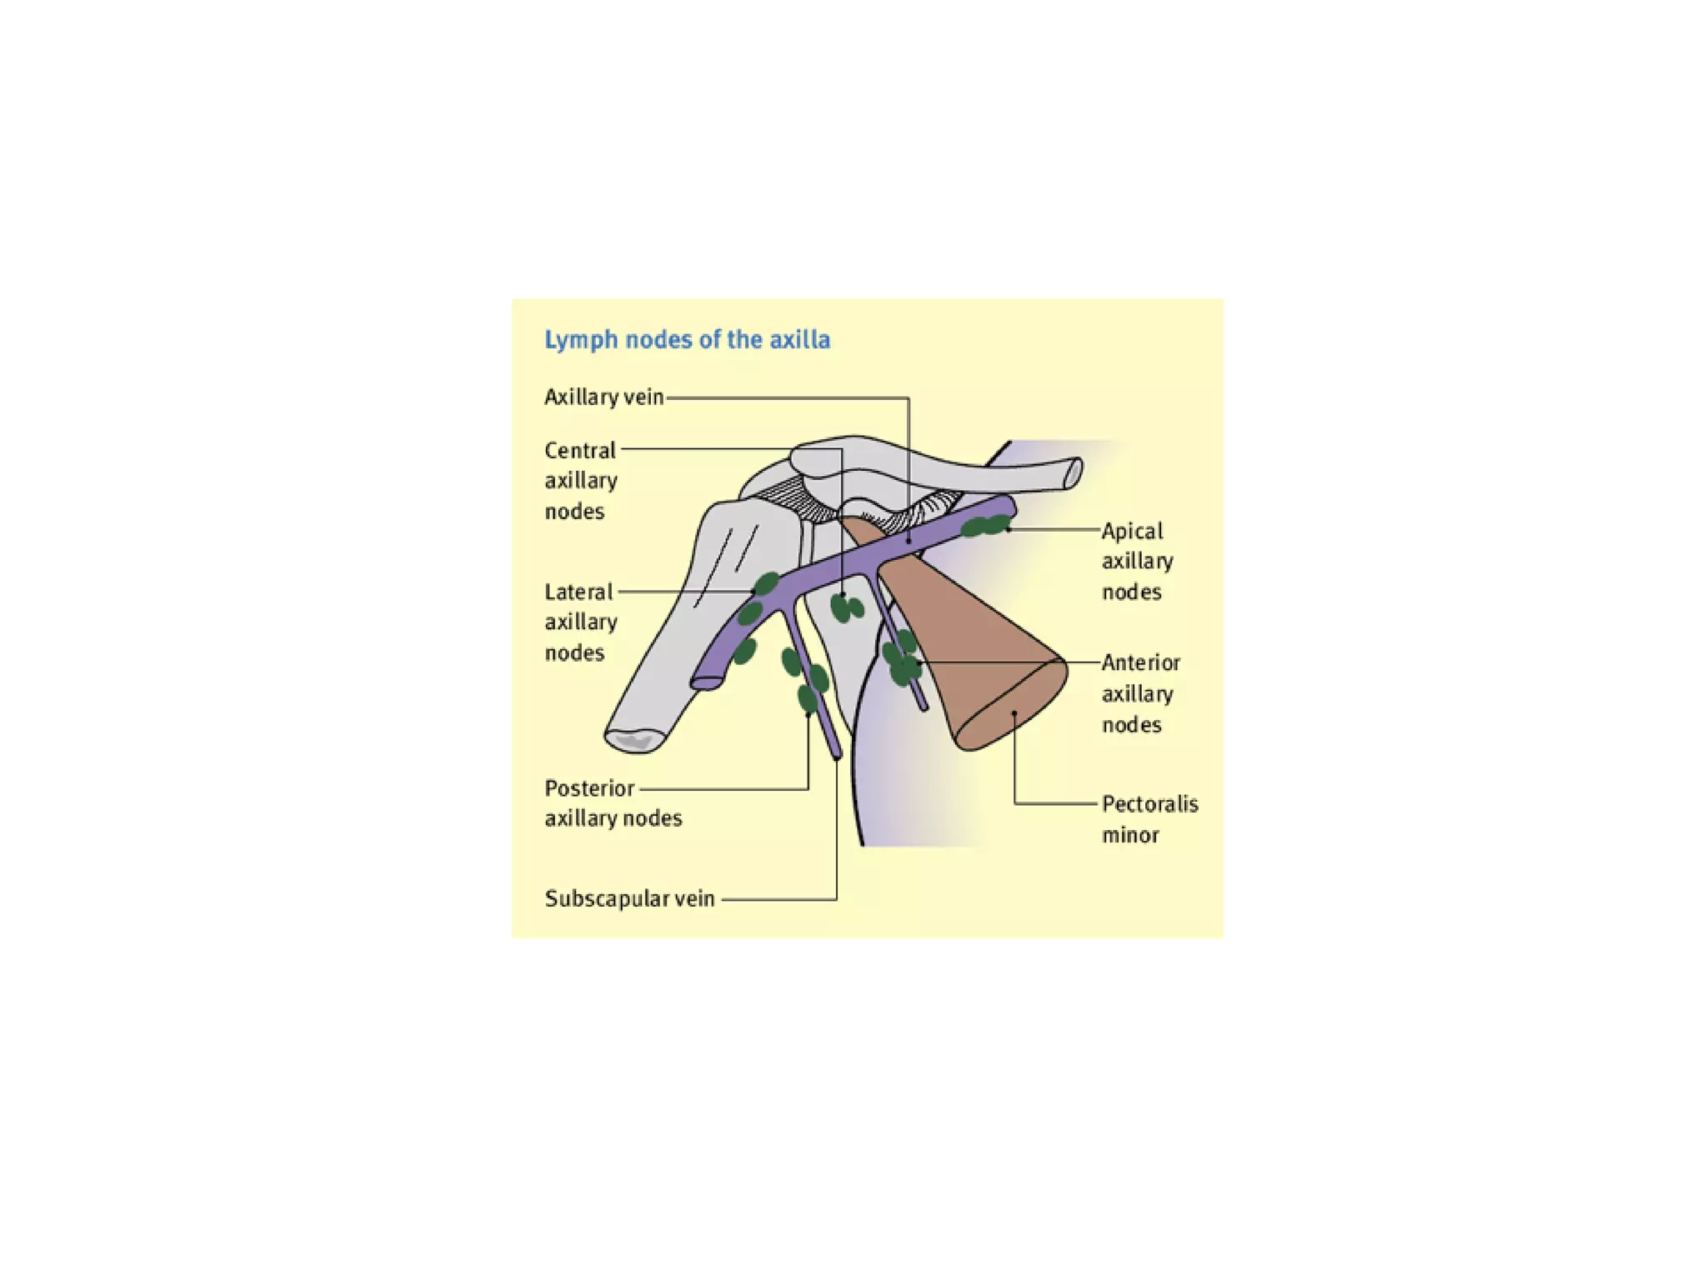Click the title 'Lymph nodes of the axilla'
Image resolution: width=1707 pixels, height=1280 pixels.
(687, 340)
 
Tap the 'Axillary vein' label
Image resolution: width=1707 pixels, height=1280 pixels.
(603, 397)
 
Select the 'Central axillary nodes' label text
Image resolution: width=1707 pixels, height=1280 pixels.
(581, 480)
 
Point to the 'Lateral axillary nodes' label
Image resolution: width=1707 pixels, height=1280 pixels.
(581, 622)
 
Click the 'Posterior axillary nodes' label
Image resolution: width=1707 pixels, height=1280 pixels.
(613, 803)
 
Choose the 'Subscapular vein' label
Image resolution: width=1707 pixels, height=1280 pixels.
(629, 898)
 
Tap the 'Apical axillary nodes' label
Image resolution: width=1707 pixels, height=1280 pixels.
(1137, 561)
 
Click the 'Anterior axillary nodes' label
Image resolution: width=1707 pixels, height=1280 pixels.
(1140, 693)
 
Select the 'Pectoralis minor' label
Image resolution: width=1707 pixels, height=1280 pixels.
(1149, 819)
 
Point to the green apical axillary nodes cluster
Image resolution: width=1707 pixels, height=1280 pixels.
(986, 527)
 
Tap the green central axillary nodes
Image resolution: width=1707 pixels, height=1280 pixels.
(847, 608)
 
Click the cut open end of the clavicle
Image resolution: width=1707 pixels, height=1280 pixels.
(1074, 473)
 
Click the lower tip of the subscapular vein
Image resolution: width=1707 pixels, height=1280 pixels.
(838, 754)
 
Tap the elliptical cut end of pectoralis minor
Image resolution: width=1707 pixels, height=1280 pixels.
(1010, 705)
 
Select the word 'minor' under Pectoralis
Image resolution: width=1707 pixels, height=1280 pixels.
(1130, 835)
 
